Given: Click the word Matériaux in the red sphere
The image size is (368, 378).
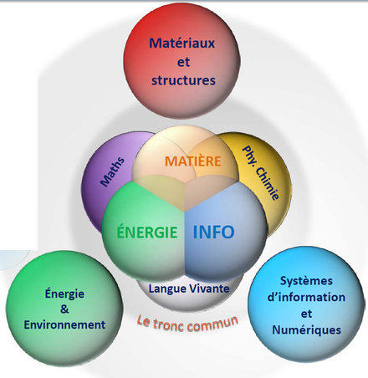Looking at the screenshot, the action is [182, 43].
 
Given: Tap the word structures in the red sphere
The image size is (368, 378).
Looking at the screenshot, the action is [183, 80].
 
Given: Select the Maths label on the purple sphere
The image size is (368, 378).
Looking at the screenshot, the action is [113, 171].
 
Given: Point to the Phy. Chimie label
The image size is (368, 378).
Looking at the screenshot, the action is [260, 173].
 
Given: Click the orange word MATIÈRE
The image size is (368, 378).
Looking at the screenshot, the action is [193, 161].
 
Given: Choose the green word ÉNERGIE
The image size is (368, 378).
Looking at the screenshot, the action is [147, 232].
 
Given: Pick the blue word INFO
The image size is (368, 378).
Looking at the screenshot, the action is [213, 232].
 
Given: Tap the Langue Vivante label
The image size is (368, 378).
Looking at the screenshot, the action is [189, 289].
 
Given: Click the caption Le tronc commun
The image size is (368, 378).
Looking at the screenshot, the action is [187, 324].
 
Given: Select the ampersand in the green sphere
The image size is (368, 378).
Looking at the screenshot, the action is [64, 309].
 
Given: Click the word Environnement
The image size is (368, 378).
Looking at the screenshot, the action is [64, 324].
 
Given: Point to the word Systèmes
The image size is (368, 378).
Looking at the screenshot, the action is [306, 281].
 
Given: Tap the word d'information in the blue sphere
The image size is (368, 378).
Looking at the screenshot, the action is [306, 297].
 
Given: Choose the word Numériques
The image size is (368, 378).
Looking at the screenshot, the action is [306, 330].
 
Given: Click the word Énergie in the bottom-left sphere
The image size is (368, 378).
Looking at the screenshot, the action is [64, 294].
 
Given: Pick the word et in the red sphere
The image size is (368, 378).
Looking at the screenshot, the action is [183, 62].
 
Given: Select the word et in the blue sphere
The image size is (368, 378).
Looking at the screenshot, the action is [306, 314].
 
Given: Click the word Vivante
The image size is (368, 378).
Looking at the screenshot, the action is [208, 289].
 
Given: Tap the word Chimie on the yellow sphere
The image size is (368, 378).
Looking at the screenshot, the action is [267, 183].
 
